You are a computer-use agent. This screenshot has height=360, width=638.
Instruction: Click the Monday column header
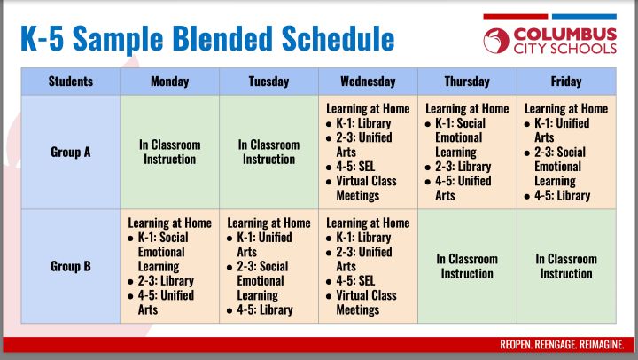tap(169, 82)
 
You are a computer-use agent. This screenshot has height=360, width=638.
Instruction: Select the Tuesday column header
tap(268, 82)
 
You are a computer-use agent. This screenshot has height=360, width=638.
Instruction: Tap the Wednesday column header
tap(368, 82)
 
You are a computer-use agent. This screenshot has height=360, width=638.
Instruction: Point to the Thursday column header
tap(467, 82)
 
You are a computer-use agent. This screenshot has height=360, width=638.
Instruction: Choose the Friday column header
tap(566, 82)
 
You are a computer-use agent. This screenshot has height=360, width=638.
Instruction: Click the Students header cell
tap(71, 82)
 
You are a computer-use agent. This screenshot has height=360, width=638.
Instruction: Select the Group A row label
tap(71, 152)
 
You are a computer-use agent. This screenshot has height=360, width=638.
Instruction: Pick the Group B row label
tap(71, 266)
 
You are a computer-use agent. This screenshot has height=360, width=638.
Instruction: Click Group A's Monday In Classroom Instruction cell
tap(169, 152)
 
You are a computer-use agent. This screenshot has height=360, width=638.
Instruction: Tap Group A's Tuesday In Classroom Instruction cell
tap(268, 152)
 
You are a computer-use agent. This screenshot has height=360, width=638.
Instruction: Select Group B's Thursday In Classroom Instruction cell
tap(467, 266)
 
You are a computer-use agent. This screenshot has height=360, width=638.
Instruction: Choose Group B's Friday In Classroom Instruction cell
tap(566, 266)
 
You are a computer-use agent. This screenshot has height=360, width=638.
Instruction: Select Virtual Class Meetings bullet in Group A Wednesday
tap(373, 188)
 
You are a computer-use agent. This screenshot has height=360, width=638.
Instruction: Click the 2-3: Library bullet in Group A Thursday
tap(463, 167)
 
